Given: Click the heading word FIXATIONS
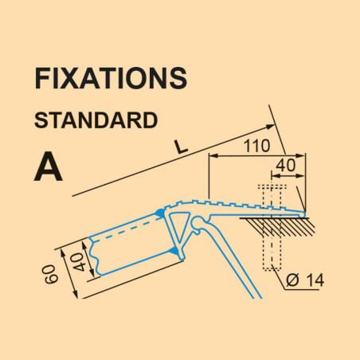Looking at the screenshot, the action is pos(111,78).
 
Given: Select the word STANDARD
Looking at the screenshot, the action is pos(96,120).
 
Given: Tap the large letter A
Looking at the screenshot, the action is pos(49,167).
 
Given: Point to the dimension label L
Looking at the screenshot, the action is pos(182,147).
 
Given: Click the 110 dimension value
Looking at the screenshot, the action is pos(256,146).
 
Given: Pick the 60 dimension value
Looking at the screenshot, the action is pos(51,274).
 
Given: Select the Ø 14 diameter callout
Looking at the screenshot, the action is pos(305,280).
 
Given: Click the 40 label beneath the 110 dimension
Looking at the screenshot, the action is pos(285,165).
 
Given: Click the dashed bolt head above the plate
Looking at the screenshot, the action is pos(272,187).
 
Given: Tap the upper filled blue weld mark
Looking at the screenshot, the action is pos(160,213).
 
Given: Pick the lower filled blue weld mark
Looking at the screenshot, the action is pos(175,251).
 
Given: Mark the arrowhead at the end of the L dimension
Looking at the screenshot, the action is pos(270,127).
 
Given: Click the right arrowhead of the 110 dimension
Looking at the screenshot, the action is pos(300,156).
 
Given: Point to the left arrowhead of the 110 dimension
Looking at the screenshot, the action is pos(214,156).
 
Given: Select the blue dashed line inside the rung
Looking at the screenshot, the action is pos(127,230).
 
